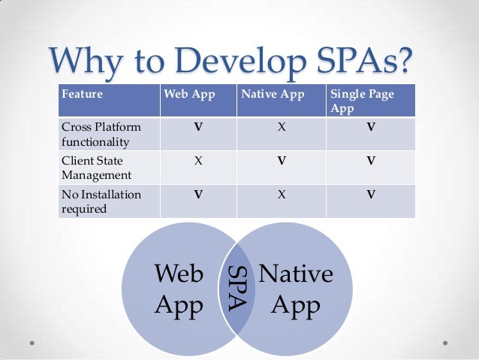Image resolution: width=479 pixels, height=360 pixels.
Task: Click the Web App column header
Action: (187, 95)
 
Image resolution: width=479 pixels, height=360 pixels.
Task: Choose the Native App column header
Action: (272, 95)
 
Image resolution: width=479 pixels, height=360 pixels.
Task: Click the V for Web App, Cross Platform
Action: (197, 127)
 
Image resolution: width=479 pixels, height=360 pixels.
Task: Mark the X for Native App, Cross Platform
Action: (281, 127)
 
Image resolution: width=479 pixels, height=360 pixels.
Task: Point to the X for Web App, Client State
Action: (197, 161)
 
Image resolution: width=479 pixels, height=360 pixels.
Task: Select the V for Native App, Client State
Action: (281, 161)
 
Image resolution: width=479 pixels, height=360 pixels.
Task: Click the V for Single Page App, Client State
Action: (370, 161)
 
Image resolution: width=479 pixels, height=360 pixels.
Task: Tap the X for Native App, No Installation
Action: (281, 194)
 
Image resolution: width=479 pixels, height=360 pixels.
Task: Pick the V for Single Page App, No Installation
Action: (370, 194)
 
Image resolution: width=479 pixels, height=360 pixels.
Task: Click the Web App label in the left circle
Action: (178, 290)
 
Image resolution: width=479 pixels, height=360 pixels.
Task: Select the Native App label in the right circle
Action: (295, 290)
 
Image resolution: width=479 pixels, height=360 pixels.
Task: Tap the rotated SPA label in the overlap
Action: (237, 287)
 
